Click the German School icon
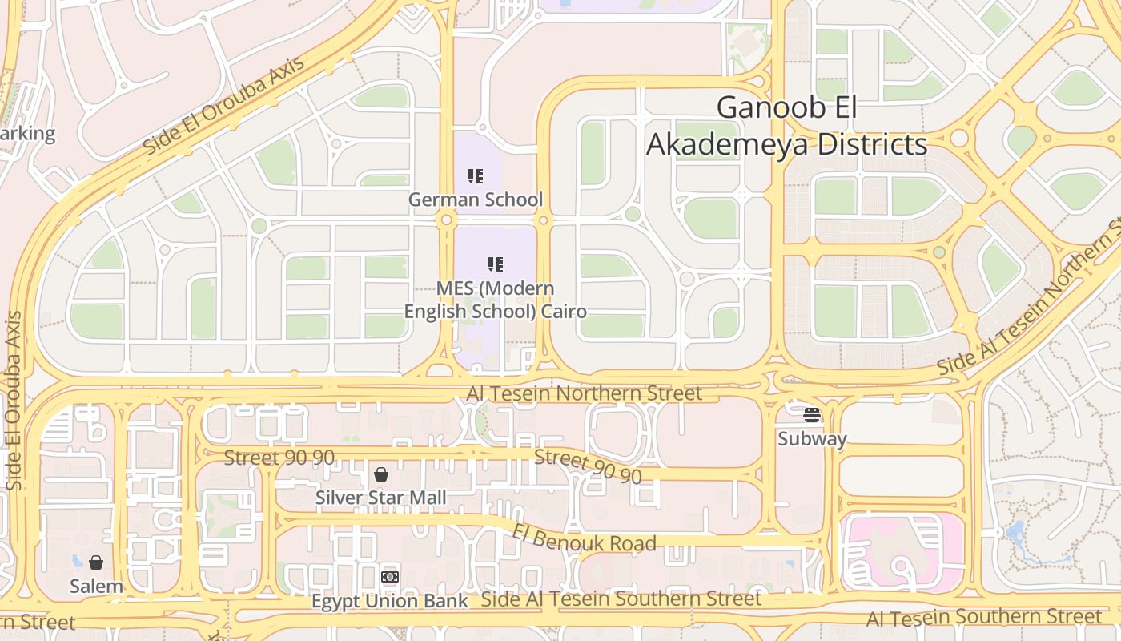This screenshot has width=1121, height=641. tap(476, 175)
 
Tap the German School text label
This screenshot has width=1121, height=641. tap(476, 200)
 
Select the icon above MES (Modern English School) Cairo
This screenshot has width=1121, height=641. tap(496, 264)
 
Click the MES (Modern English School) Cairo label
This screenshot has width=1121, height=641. tap(495, 300)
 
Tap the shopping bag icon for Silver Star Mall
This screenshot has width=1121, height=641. tap(381, 474)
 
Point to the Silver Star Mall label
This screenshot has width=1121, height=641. tap(380, 498)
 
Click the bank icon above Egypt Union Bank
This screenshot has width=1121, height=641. tap(390, 577)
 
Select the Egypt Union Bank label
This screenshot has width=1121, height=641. tap(390, 601)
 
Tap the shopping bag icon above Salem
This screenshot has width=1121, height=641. tap(96, 562)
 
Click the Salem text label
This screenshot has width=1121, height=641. tap(96, 586)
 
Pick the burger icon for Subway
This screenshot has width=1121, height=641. tap(812, 415)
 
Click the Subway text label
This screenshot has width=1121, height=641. tap(812, 439)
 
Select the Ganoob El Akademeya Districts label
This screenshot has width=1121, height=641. tap(786, 126)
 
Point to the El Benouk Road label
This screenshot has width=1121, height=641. tap(585, 538)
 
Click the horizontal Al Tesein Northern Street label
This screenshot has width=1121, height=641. tap(584, 393)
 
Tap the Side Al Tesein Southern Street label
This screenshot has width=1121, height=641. tap(621, 599)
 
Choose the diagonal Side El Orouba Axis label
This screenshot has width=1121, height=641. tap(223, 107)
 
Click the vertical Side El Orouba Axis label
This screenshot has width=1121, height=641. tap(14, 401)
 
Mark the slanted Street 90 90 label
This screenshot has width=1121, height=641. tap(588, 466)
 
